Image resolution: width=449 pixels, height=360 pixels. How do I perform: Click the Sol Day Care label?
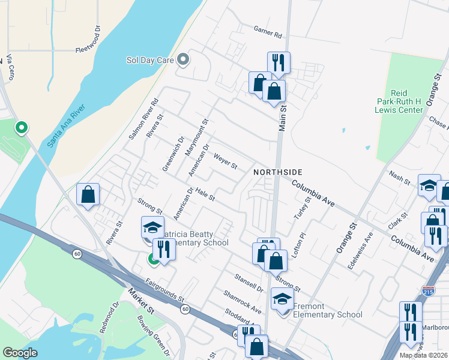pos(149,60)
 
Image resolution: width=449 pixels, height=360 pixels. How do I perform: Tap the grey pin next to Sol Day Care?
pos(184,60)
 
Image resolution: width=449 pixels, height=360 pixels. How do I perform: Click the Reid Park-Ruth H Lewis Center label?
pos(398,101)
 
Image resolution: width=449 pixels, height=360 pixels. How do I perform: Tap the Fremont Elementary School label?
pos(328,314)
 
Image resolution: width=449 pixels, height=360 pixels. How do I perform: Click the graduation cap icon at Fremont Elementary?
pos(282,300)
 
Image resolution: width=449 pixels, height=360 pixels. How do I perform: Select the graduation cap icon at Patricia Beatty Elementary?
pos(152,227)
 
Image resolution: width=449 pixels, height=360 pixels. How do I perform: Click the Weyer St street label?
pos(226,160)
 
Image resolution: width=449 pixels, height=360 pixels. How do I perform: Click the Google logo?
pos(20,352)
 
